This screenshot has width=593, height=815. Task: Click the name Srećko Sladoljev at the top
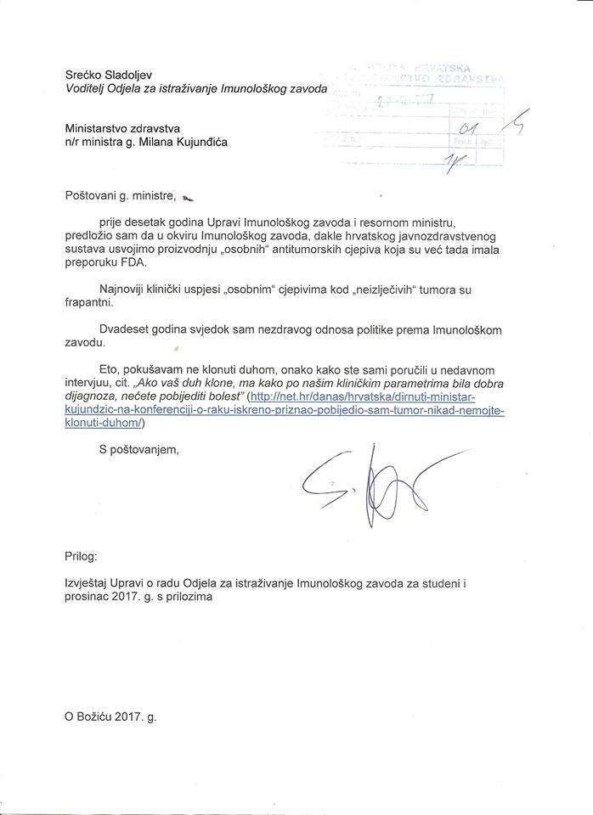[111, 75]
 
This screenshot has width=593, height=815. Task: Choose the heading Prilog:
[82, 557]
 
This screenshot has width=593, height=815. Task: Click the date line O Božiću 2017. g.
[110, 716]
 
